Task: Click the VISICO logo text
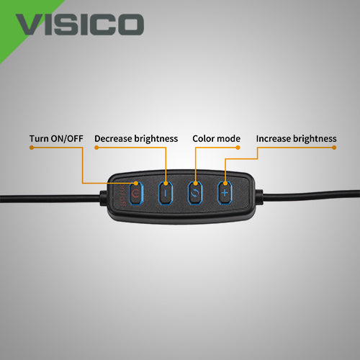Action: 80,24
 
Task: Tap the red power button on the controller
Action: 136,193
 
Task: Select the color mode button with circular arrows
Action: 195,193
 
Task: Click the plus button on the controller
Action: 225,193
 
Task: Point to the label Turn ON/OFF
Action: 56,139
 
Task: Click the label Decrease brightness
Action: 136,139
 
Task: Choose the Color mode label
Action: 216,139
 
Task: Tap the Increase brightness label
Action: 296,139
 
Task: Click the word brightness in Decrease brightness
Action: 156,139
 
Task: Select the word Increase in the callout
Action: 273,139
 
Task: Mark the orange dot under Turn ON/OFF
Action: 32,148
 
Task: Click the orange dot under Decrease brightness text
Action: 96,148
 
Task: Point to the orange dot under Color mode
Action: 238,148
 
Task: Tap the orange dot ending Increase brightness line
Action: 334,148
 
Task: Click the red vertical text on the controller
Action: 122,196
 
